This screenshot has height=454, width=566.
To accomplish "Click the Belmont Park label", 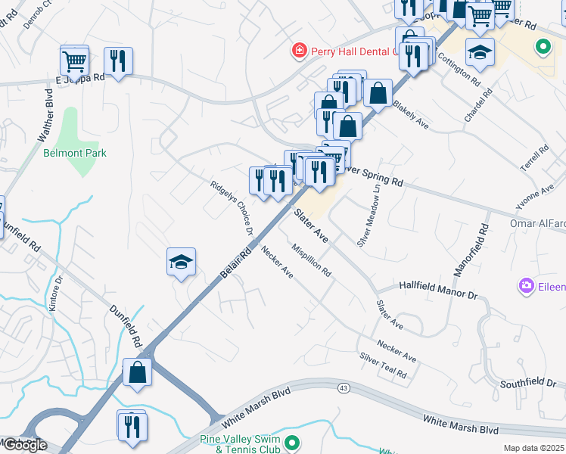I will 75,153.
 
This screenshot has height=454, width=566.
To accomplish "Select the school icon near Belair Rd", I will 182,262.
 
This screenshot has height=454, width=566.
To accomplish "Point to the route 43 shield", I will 344,388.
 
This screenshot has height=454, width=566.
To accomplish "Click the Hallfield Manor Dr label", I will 439,287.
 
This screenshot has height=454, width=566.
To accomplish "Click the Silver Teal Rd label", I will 384,365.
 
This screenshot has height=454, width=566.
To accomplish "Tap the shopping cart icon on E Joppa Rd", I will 74,60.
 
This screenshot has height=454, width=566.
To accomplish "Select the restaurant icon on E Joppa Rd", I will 118,61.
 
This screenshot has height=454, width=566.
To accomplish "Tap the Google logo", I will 24,445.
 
